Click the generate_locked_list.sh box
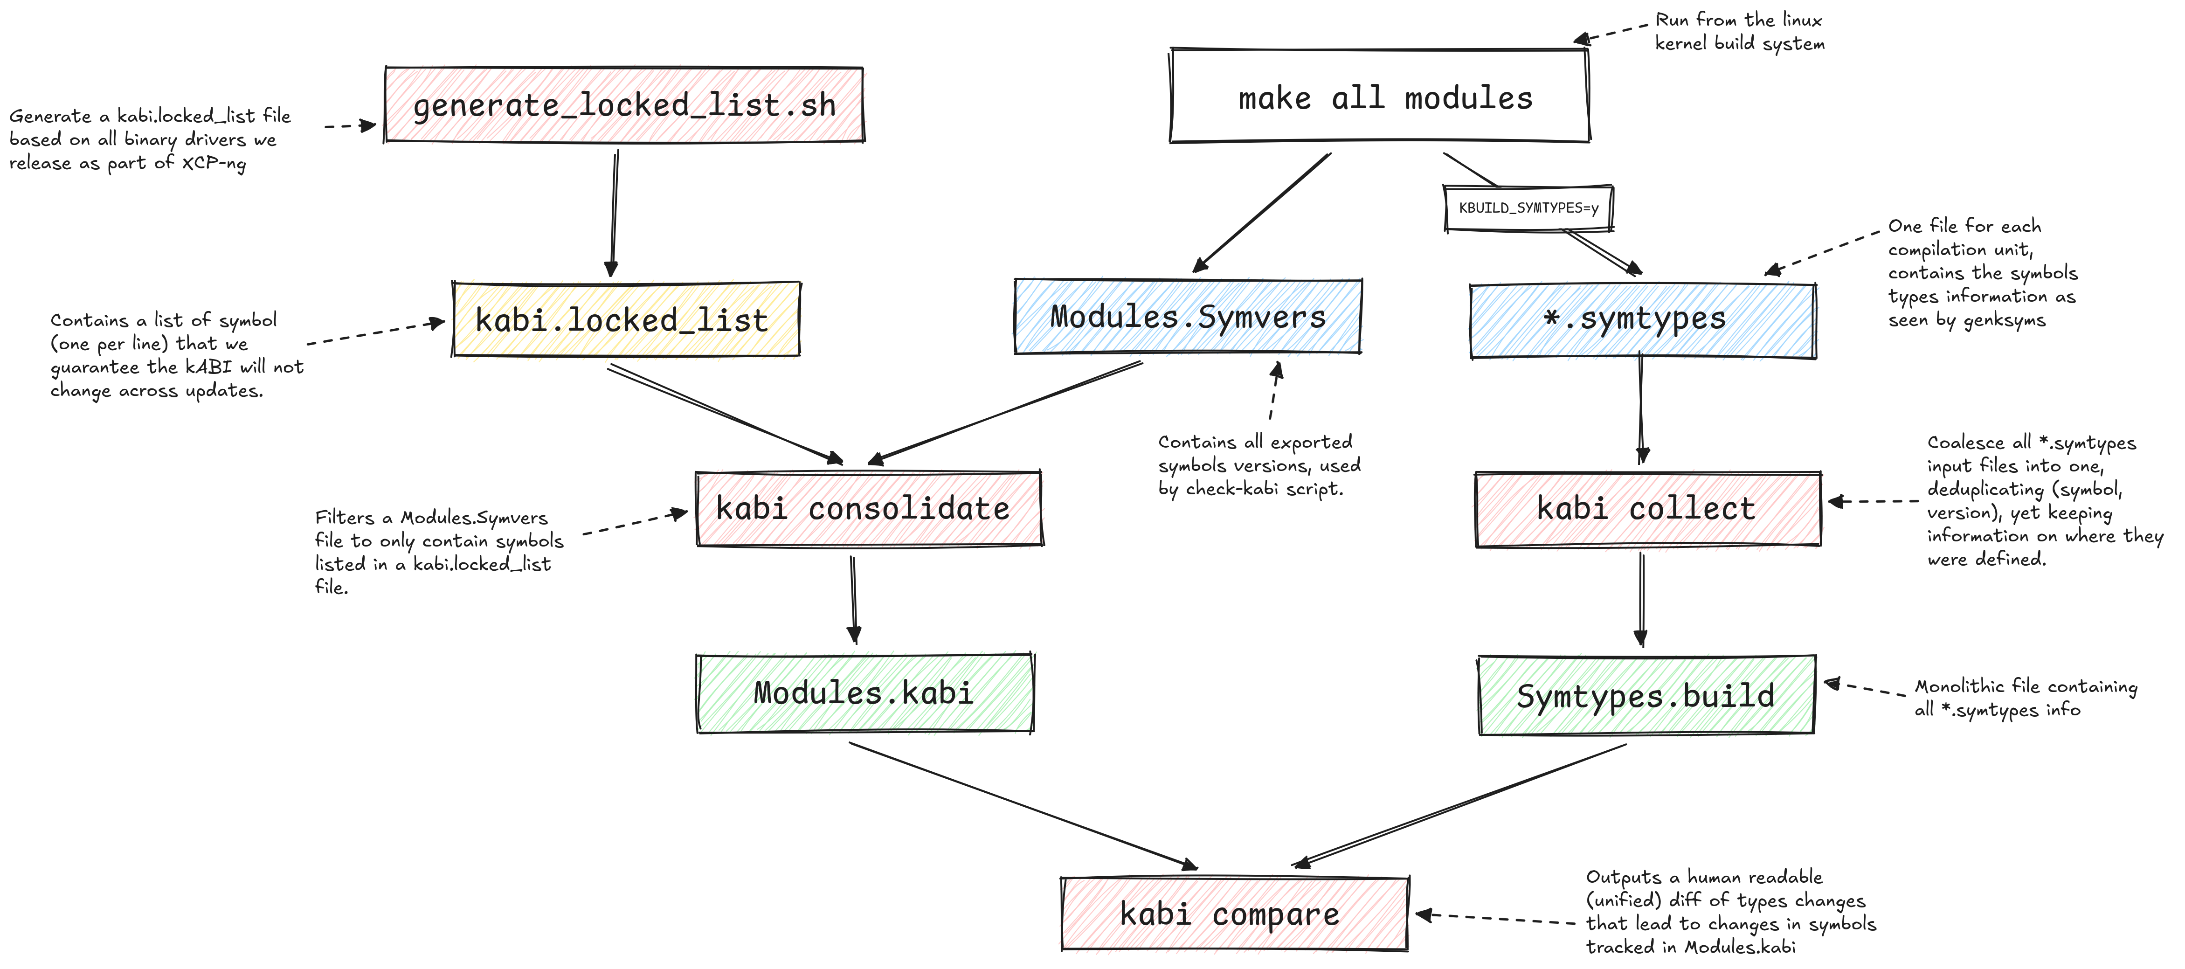coord(624,104)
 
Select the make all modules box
coord(1379,95)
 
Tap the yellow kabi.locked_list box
coord(626,319)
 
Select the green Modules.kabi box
coord(864,692)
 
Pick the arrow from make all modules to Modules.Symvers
coord(1261,213)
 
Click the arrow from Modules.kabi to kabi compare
coord(1023,806)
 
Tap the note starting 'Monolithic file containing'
coord(2026,698)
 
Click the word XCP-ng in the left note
coord(214,163)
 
